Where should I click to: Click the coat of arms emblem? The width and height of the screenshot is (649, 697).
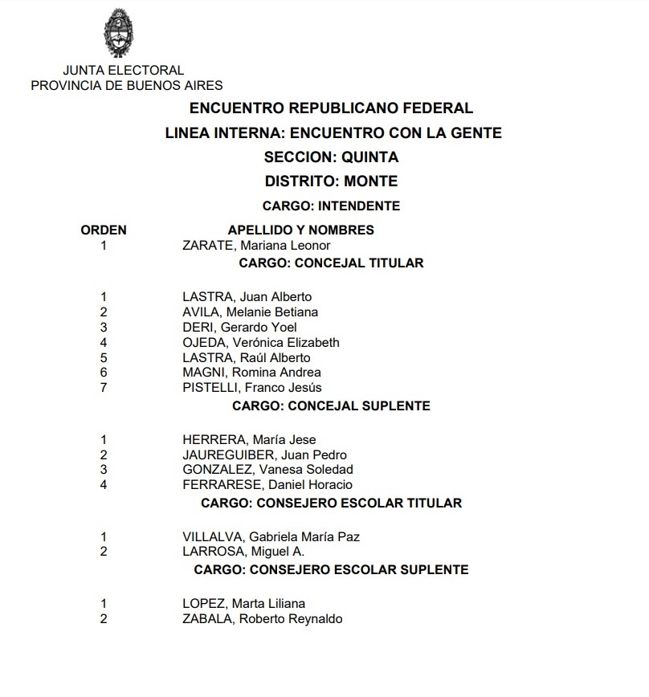click(124, 32)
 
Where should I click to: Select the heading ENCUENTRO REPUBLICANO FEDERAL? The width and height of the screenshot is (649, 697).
click(331, 108)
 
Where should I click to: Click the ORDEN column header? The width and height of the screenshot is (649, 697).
click(104, 230)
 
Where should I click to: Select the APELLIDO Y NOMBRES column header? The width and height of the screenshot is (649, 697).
click(301, 230)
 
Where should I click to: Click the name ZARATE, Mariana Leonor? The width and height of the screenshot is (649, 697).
click(256, 246)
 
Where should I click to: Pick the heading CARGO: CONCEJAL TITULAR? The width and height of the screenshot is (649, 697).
click(331, 263)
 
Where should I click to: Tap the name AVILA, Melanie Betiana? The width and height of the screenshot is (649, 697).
click(250, 312)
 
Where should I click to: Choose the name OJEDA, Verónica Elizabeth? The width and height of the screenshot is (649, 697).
click(261, 342)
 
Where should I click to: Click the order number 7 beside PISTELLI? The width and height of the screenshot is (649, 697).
click(104, 388)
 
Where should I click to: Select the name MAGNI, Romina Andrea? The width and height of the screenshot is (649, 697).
click(251, 373)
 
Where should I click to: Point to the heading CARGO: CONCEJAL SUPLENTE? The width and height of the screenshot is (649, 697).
click(331, 406)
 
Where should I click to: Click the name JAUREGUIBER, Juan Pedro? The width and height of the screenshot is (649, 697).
click(264, 454)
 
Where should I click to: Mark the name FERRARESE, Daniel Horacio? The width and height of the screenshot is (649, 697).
click(267, 485)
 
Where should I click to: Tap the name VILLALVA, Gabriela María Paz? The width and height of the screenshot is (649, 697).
click(271, 536)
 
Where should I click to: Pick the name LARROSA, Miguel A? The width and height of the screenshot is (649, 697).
click(243, 552)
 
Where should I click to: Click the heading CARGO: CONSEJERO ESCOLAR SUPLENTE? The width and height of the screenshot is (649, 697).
click(331, 570)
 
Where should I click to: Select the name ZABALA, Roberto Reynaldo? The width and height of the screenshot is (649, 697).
click(262, 619)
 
